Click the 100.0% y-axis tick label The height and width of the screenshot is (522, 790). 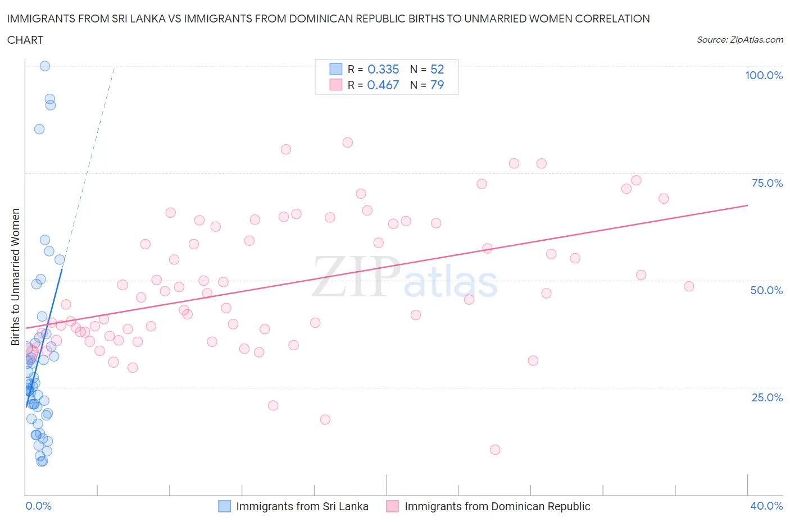[x=764, y=75]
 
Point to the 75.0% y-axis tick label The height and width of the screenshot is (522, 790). [x=767, y=183]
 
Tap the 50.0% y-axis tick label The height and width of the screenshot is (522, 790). [x=766, y=290]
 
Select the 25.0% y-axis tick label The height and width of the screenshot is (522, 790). [x=767, y=397]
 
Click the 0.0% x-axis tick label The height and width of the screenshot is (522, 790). [x=38, y=506]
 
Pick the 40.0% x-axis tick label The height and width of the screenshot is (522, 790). [x=766, y=506]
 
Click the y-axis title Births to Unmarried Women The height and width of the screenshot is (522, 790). [x=15, y=277]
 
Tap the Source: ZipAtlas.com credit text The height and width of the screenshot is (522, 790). [x=739, y=39]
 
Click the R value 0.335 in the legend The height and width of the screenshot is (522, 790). [x=383, y=69]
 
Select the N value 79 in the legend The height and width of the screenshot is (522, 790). [x=437, y=85]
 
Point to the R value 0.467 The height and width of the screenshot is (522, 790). [x=383, y=85]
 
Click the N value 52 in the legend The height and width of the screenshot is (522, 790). [x=437, y=69]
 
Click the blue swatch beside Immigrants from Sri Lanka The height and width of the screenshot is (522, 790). [x=224, y=506]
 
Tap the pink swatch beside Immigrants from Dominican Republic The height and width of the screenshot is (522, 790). [x=392, y=506]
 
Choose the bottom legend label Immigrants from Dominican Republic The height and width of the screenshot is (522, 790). [x=497, y=506]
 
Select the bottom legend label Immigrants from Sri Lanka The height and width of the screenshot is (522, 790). [x=302, y=506]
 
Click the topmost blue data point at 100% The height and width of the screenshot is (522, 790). [x=45, y=66]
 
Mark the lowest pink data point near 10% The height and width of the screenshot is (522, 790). [x=495, y=450]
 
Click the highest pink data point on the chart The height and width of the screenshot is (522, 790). [x=348, y=143]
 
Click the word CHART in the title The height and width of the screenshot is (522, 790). [x=25, y=40]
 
